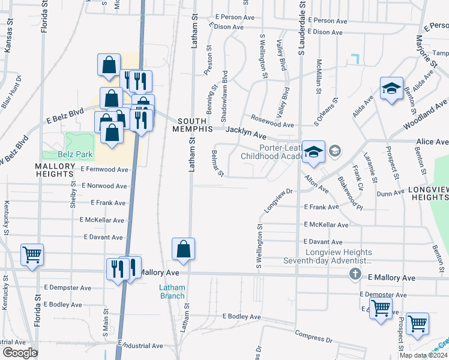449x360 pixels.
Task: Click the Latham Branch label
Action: [172, 292]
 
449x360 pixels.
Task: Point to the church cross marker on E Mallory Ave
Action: [355, 275]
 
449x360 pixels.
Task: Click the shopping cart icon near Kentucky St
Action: [31, 254]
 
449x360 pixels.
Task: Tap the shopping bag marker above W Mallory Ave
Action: [183, 250]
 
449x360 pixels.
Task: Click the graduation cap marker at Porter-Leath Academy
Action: [313, 152]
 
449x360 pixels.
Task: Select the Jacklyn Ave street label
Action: [246, 136]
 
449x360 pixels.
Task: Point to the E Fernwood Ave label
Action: [104, 170]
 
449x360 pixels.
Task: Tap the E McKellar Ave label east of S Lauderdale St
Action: [325, 225]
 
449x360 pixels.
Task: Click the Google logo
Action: [20, 353]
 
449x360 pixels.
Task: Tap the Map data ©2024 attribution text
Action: [423, 355]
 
